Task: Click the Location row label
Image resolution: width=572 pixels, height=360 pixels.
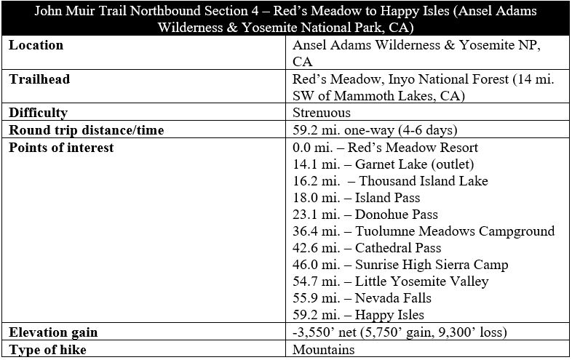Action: click(36, 46)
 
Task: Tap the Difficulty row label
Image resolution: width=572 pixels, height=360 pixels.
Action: click(38, 113)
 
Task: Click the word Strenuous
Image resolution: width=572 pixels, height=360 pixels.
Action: click(322, 113)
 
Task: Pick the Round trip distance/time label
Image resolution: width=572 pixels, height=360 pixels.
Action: click(86, 130)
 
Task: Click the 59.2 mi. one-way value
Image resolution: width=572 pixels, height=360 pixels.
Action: click(375, 130)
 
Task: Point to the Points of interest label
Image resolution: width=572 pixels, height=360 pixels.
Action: click(61, 147)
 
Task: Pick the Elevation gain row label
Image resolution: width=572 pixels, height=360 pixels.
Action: click(54, 332)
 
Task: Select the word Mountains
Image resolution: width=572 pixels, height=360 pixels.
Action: click(324, 350)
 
